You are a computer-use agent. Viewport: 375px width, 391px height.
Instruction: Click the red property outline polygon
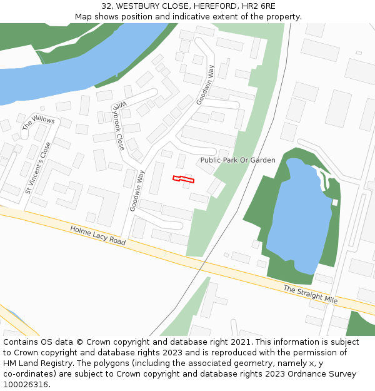point(183,180)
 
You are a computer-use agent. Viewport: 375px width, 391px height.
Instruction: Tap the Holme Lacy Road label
point(98,236)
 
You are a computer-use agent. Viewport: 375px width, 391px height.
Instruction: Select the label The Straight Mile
point(310,295)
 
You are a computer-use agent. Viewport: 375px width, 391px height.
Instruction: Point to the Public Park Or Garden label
point(237,160)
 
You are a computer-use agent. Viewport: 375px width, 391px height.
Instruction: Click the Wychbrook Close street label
point(119,125)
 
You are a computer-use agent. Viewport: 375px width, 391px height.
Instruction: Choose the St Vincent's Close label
point(37,168)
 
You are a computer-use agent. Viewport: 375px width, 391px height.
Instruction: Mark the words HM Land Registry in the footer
point(33,363)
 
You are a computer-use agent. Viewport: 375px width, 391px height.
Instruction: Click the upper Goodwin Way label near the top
point(205,85)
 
